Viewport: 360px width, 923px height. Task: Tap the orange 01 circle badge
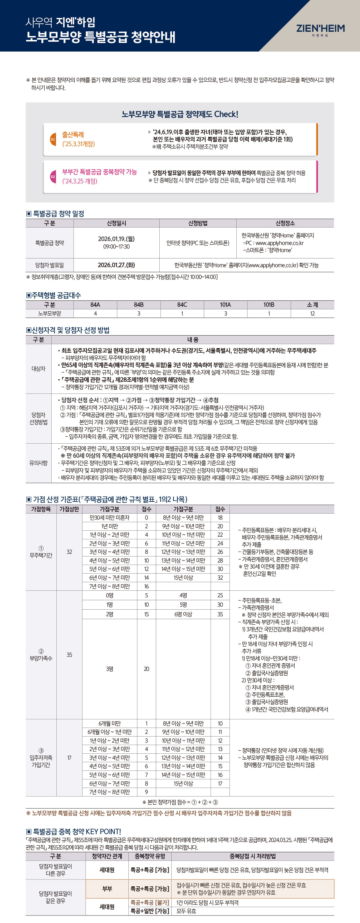coord(53,139)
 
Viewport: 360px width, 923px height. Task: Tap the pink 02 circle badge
coord(53,176)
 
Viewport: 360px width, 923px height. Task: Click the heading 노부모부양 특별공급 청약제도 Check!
coord(180,114)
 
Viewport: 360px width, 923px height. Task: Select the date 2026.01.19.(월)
coord(116,239)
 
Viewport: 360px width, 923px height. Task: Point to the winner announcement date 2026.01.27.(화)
coord(116,265)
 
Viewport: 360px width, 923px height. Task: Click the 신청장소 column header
coord(285,223)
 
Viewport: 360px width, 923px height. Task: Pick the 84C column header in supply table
coord(182,305)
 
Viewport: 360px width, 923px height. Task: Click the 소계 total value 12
coord(312,313)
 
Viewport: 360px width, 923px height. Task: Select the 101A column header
coord(225,305)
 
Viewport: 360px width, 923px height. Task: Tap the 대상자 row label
coord(38,369)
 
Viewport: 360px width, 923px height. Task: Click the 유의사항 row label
coord(38,463)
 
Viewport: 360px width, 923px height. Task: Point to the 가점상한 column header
coord(69,509)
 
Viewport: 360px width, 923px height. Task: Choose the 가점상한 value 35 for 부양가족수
coord(69,655)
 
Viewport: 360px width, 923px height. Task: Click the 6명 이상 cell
coord(183,614)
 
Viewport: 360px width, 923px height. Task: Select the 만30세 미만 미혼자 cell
coord(109,518)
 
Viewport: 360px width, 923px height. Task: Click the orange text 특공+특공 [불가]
coord(150,903)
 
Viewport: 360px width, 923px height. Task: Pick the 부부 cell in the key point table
coord(107,888)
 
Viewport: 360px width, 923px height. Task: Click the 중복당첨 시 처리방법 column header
coord(253,856)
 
